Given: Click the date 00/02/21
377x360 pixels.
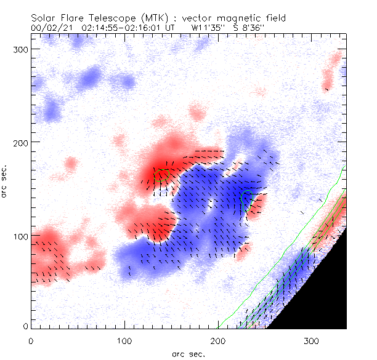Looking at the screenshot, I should tap(47, 28).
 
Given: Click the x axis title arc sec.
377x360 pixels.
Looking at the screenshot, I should tap(188, 353).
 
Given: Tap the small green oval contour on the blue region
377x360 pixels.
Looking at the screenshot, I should tap(248, 199).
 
